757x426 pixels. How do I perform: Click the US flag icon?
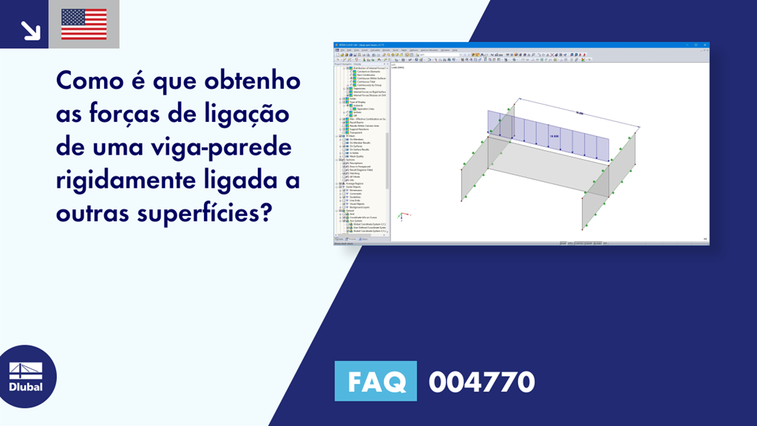tap(84, 24)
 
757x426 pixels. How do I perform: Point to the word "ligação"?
tap(247, 115)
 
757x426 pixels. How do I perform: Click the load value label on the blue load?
tap(553, 136)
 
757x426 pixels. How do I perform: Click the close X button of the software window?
tap(705, 46)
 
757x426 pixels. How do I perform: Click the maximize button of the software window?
tap(699, 46)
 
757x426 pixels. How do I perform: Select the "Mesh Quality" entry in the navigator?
tap(356, 156)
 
